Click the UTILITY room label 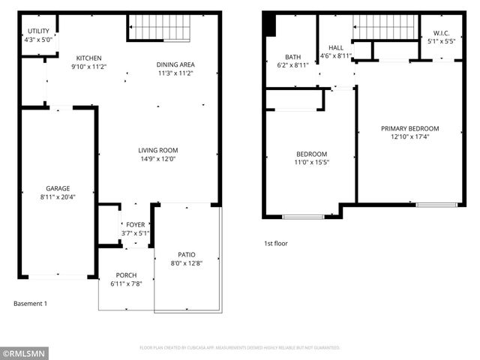tap(37, 31)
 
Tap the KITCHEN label tap(88, 58)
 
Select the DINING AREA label tap(176, 64)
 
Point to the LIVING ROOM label tap(157, 150)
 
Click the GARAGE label tap(57, 188)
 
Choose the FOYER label tap(135, 224)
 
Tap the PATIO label tap(186, 254)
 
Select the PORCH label tap(126, 275)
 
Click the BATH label tap(292, 57)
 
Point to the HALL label tap(335, 46)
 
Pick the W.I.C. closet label tap(441, 32)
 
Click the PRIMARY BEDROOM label tap(409, 128)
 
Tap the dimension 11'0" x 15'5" tap(311, 163)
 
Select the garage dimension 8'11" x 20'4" tap(57, 196)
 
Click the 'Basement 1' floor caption tap(31, 304)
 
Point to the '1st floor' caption tap(275, 243)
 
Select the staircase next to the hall tap(384, 27)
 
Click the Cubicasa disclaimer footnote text tap(240, 348)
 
